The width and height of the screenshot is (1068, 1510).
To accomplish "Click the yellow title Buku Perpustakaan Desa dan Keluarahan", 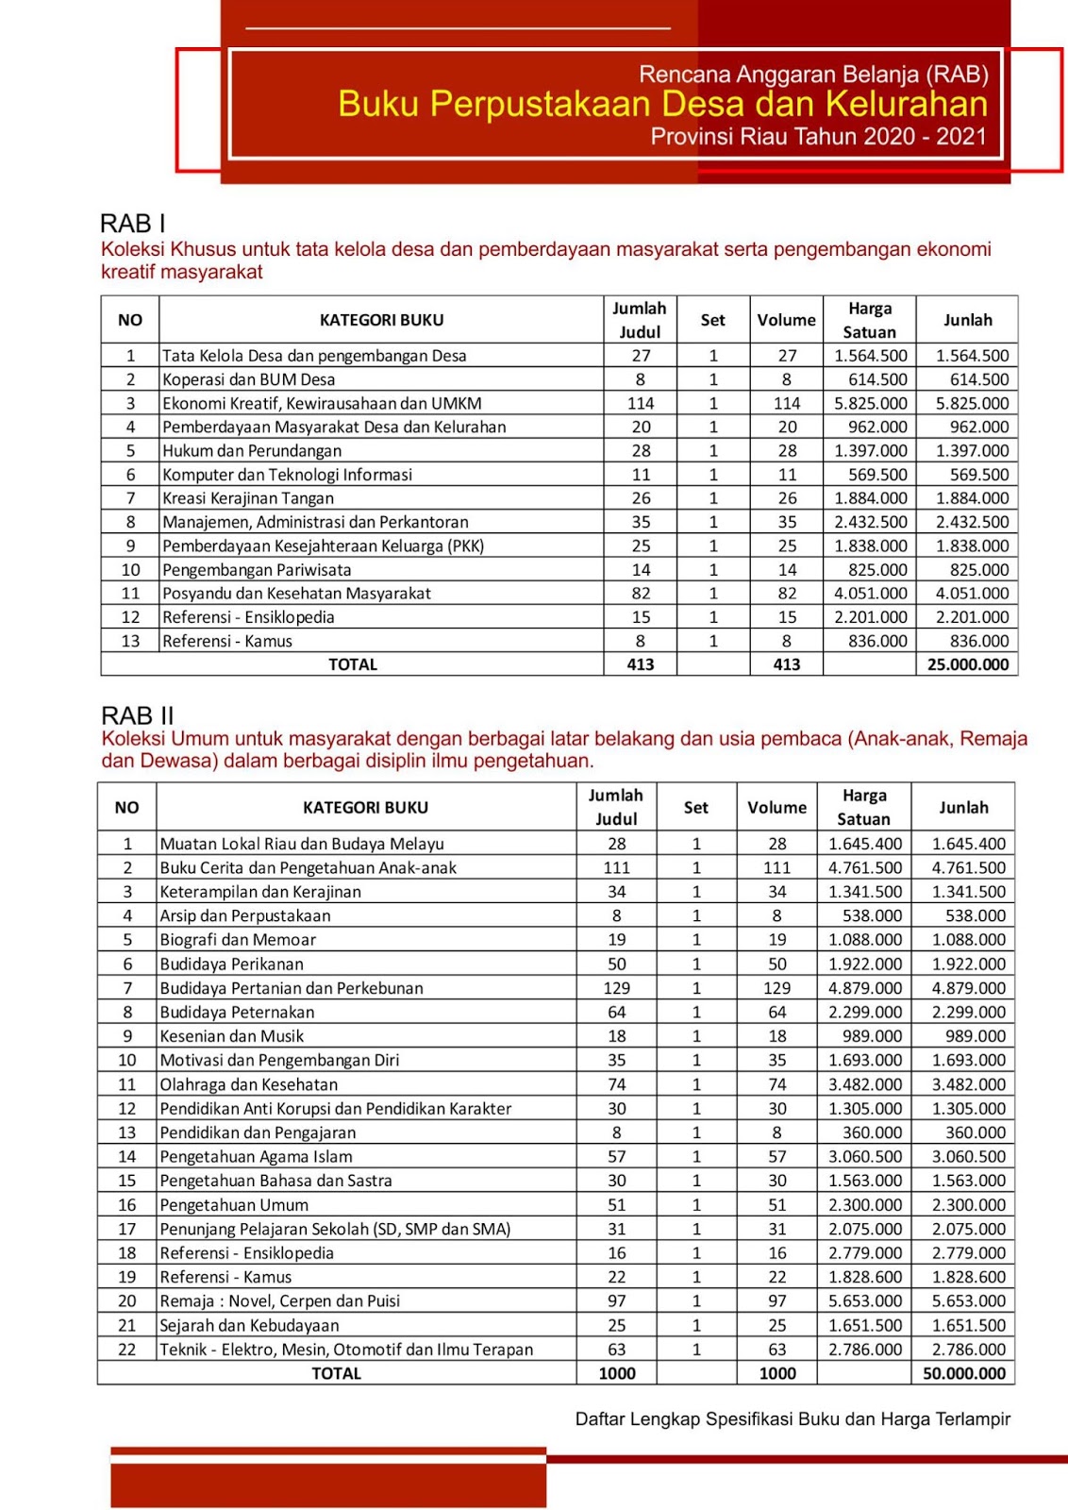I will [x=662, y=104].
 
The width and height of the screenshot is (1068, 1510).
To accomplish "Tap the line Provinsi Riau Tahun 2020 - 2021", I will [x=818, y=137].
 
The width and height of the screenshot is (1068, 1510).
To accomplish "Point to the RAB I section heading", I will [x=133, y=224].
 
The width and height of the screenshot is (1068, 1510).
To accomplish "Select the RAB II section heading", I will [x=138, y=715].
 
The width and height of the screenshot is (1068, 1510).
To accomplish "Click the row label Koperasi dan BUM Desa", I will [x=248, y=379].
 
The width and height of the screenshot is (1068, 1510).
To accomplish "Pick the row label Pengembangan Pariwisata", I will [x=257, y=570].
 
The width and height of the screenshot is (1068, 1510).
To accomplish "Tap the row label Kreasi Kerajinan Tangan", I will [x=248, y=498].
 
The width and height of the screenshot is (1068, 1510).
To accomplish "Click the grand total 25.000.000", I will [x=967, y=664].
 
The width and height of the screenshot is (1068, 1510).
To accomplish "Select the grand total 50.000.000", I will [x=964, y=1373].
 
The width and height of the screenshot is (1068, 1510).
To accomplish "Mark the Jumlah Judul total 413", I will [x=641, y=664].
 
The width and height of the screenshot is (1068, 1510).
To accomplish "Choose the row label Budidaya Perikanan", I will [x=231, y=964].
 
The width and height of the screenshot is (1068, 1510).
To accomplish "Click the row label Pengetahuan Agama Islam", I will [x=256, y=1156].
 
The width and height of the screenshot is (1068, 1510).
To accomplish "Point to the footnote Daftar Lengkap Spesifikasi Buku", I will [x=793, y=1418].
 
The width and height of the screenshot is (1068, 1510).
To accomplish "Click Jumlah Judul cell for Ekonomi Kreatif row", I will [x=641, y=403].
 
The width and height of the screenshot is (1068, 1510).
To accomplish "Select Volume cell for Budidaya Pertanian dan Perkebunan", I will [x=776, y=988].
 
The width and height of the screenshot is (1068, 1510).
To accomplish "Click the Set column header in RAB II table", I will [x=696, y=808].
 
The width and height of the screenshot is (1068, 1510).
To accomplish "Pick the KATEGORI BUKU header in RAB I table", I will [x=381, y=320].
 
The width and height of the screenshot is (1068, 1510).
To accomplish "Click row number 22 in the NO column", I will [x=127, y=1350].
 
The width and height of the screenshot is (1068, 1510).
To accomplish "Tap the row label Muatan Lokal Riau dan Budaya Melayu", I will [x=302, y=844].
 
